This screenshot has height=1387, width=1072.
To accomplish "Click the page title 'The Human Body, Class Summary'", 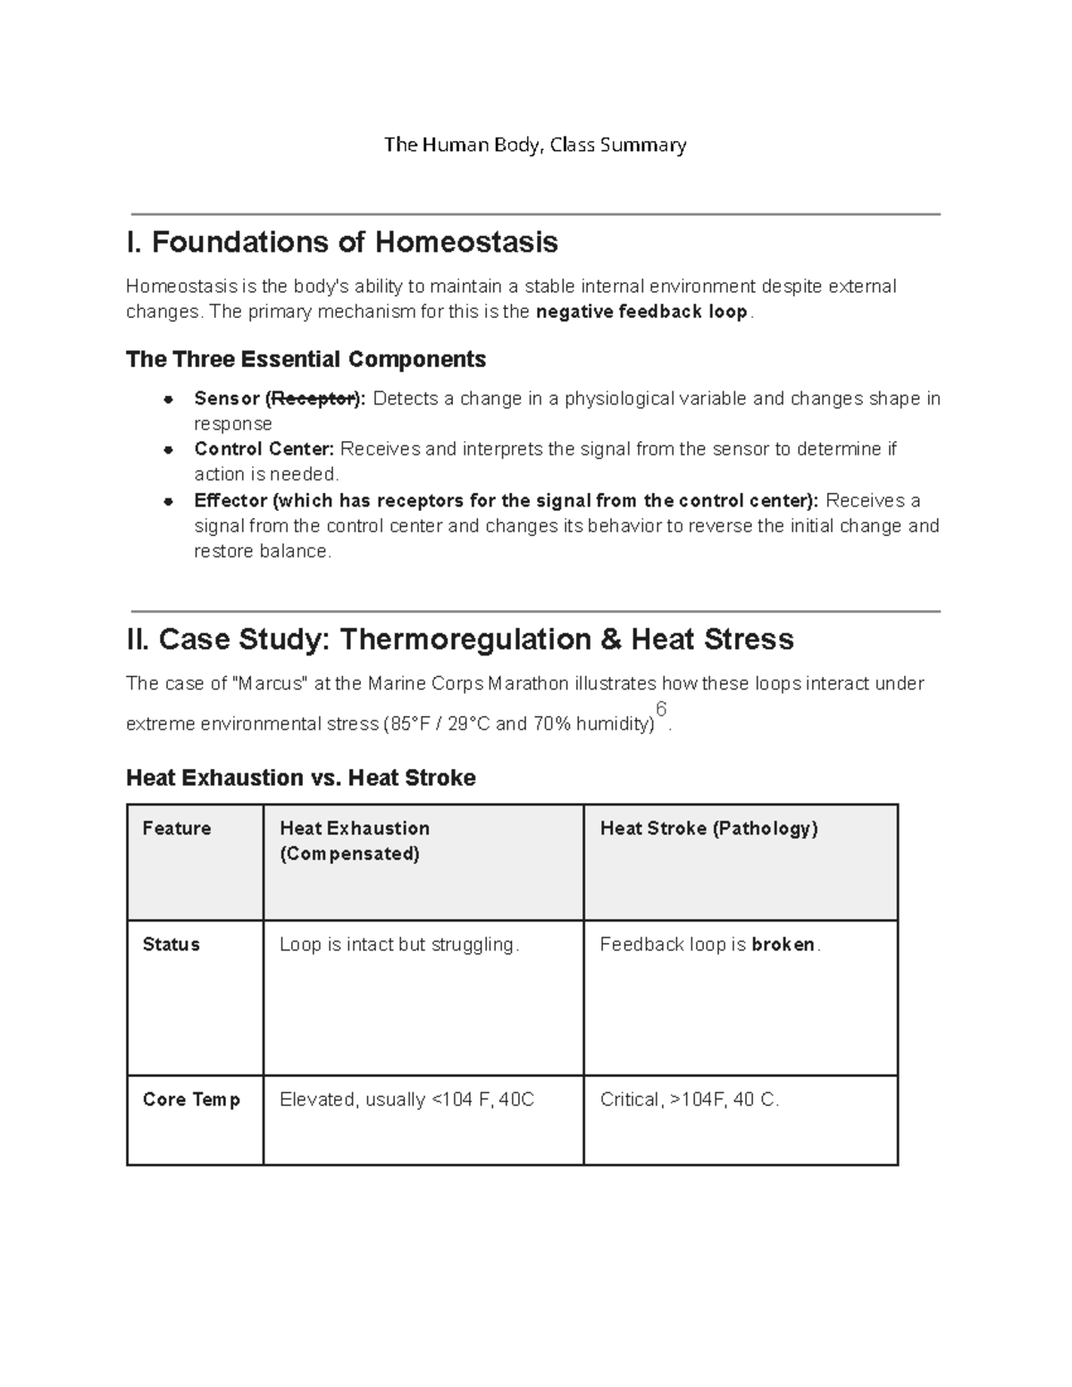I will [x=535, y=145].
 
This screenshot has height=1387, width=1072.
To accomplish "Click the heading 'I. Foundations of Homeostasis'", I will [x=342, y=242].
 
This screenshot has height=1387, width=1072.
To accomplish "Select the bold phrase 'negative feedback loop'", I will [x=641, y=313].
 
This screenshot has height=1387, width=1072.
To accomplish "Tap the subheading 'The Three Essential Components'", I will [x=306, y=360].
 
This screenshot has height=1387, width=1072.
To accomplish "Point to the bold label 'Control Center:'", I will [x=264, y=449].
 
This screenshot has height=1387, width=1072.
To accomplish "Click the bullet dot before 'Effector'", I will [x=167, y=501].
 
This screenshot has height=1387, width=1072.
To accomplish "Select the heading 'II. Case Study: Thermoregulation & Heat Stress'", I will [x=460, y=639].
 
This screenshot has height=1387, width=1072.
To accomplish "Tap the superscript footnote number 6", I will [x=661, y=709].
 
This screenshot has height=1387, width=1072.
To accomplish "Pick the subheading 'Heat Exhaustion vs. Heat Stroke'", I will [x=301, y=778].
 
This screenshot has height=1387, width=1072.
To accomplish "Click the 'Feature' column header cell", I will [x=177, y=829].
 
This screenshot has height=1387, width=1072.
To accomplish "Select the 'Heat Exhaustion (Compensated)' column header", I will [x=355, y=840].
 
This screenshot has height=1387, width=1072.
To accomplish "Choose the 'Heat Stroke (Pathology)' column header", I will [x=708, y=829].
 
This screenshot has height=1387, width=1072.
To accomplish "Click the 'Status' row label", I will [x=172, y=945].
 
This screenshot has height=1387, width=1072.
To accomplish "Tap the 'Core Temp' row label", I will [x=191, y=1100].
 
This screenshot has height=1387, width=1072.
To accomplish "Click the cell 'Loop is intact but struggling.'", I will [x=398, y=945].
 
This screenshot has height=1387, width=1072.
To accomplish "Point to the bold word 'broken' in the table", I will [x=783, y=945].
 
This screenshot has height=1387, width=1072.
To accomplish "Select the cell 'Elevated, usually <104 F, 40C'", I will [x=406, y=1100].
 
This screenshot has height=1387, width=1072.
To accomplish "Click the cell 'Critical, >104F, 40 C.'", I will [x=690, y=1100].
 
